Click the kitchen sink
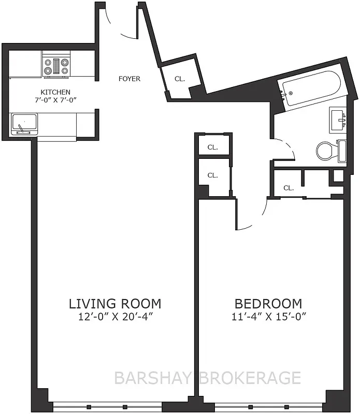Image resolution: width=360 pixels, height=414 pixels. tap(24, 124)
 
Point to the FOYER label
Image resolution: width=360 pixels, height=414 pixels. tap(129, 79)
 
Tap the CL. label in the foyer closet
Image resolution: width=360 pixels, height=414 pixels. tap(179, 79)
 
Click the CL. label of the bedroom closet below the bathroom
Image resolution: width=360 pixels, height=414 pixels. tap(289, 188)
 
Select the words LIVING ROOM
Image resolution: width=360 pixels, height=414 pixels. tap(116, 303)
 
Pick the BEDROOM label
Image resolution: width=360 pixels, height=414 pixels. tap(268, 303)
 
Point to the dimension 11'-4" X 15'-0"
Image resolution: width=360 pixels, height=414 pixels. tap(268, 316)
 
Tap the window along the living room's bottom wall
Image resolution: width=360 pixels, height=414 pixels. tap(107, 407)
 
